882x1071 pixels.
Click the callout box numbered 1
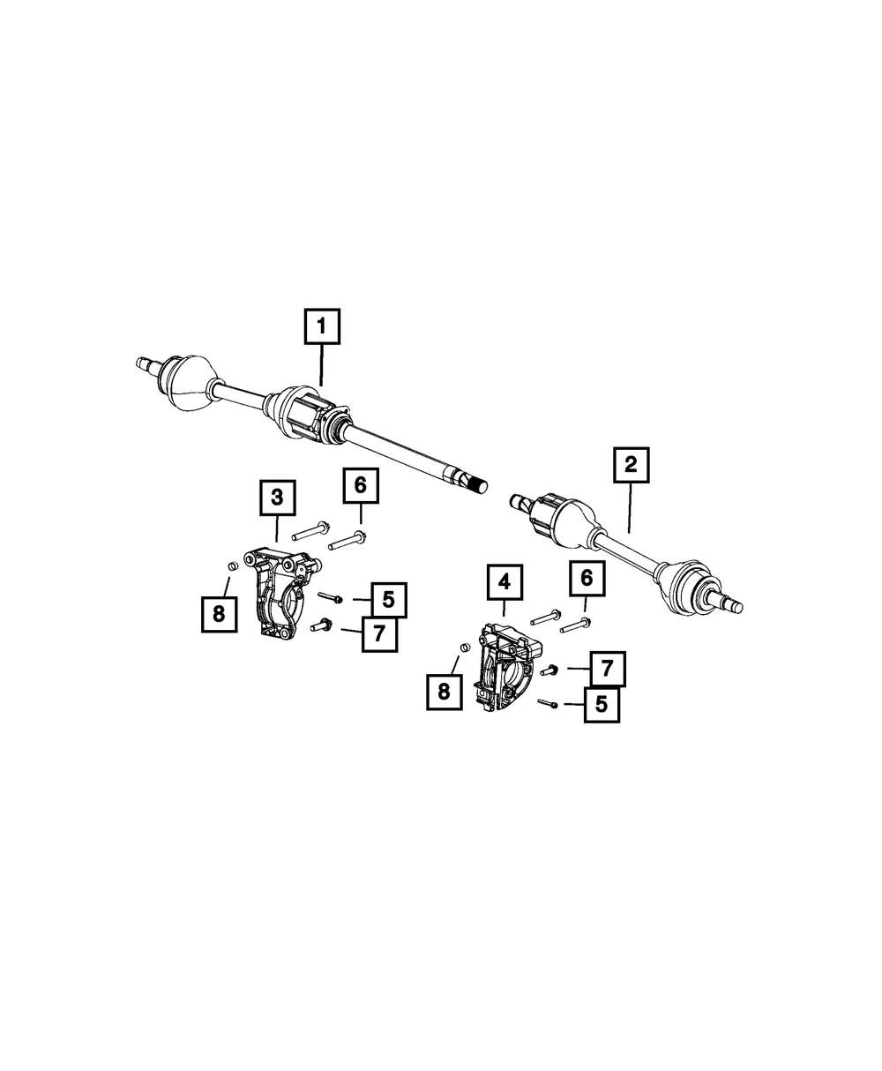coord(322,327)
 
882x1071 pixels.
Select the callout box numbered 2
coord(631,466)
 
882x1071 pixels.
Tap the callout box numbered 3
coord(277,498)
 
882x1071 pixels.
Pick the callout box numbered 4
coord(504,581)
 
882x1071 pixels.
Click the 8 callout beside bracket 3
coord(219,614)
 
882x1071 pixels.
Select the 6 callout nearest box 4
coord(587,580)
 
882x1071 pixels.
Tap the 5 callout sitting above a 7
coord(389,600)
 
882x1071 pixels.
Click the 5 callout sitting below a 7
coord(602,705)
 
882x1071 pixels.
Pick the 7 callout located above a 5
coord(608,670)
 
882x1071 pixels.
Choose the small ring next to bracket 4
coord(460,649)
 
